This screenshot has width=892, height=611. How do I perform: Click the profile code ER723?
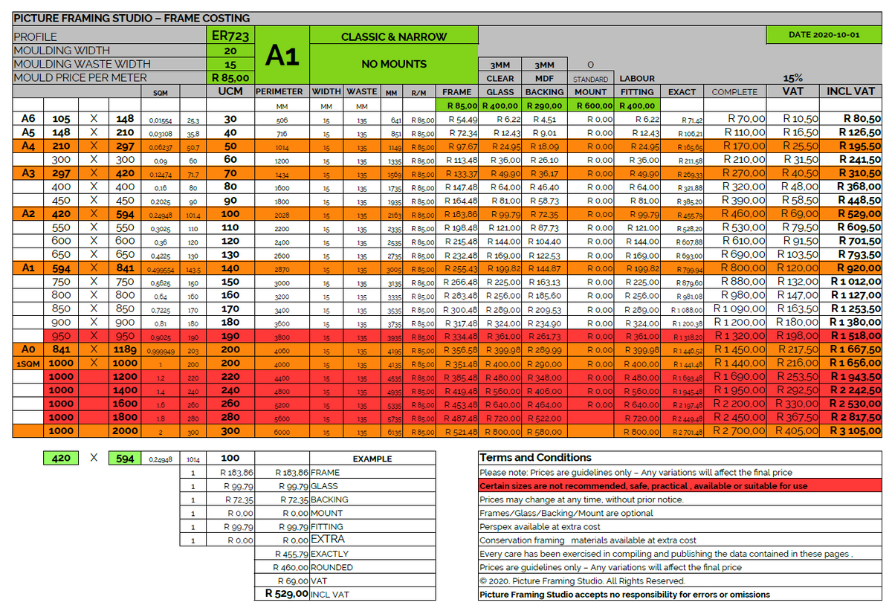[x=230, y=36]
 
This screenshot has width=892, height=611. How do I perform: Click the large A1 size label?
[x=282, y=56]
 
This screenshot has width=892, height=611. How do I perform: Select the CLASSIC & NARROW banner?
[x=393, y=36]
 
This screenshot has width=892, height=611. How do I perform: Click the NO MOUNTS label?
[x=393, y=64]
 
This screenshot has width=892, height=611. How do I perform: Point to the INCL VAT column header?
[x=851, y=91]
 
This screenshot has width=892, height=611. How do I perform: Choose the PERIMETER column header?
[x=279, y=91]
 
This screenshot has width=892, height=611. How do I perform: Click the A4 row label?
[x=28, y=146]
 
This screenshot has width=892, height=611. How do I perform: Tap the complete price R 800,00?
[x=744, y=268]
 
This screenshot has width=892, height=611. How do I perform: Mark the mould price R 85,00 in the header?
[x=230, y=77]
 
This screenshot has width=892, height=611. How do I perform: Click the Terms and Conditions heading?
[x=535, y=458]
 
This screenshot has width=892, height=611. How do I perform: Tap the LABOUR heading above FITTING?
[x=637, y=78]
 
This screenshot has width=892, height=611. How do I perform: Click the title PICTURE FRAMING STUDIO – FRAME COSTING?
[x=132, y=18]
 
